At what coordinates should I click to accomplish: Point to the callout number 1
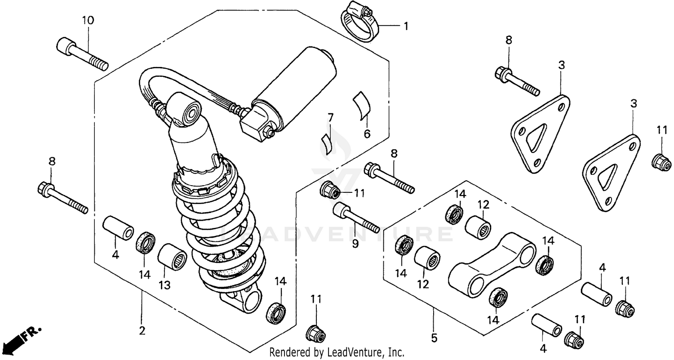[406, 27]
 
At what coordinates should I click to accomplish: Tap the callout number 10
[88, 20]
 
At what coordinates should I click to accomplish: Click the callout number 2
[142, 331]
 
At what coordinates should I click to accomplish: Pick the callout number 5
[434, 338]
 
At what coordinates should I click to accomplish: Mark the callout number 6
[367, 134]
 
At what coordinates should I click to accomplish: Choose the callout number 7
[330, 118]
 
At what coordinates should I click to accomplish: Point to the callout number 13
[164, 285]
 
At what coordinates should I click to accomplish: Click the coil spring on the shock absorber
[220, 234]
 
